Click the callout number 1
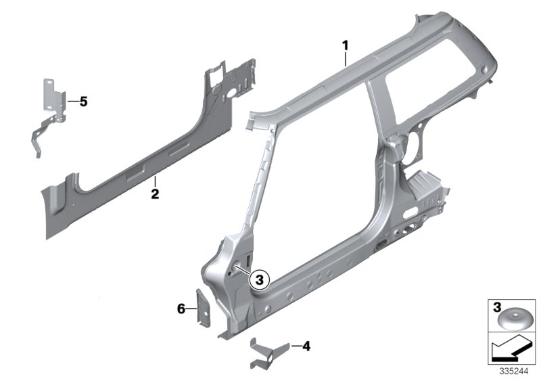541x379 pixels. pyautogui.click(x=345, y=45)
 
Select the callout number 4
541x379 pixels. pyautogui.click(x=306, y=347)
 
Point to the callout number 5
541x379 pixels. pyautogui.click(x=83, y=102)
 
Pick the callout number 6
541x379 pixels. pyautogui.click(x=181, y=309)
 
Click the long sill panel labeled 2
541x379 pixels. pyautogui.click(x=135, y=169)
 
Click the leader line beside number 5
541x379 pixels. pyautogui.click(x=72, y=102)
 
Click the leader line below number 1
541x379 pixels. pyautogui.click(x=346, y=58)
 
